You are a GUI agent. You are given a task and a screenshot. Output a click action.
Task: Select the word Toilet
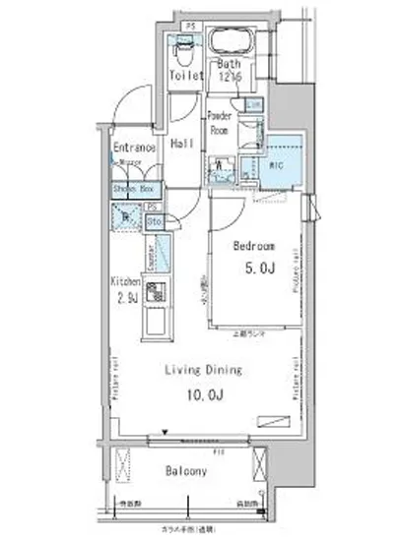(186, 75)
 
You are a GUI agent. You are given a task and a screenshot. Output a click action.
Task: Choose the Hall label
(180, 144)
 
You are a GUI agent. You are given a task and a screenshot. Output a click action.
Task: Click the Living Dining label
(204, 371)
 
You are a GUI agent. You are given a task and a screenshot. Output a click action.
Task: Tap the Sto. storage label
(155, 222)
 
